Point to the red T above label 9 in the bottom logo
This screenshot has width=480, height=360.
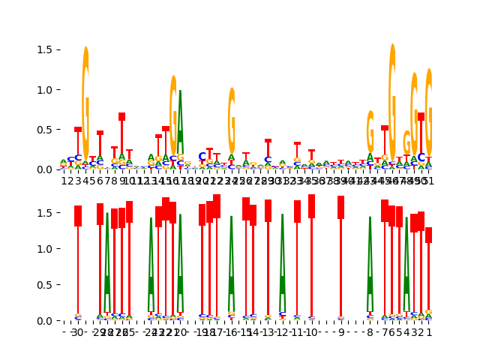[x=340, y=255]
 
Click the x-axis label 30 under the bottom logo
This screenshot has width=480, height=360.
[x=78, y=332]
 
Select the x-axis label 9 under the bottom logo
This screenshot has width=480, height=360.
[x=340, y=332]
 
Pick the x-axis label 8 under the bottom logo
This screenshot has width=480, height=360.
[x=370, y=332]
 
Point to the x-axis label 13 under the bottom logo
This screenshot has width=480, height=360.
[x=268, y=332]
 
